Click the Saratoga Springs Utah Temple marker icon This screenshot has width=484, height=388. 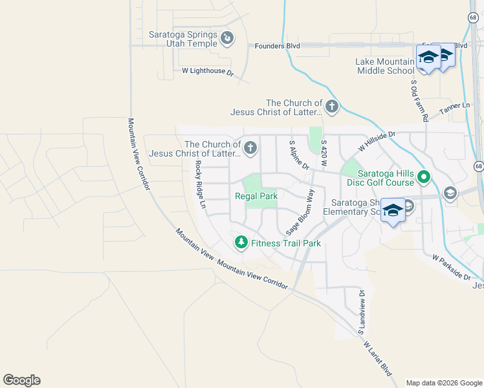tap(226, 39)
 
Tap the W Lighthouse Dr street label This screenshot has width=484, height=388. tap(207, 71)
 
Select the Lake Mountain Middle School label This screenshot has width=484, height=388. tap(385, 66)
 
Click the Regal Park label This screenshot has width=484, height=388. tap(256, 196)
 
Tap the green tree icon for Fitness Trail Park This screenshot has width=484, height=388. tap(241, 242)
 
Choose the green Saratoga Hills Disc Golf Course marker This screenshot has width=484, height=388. tap(424, 176)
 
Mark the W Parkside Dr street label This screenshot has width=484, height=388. tap(451, 267)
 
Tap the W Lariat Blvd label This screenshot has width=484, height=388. tap(378, 360)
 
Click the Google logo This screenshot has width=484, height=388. tap(21, 380)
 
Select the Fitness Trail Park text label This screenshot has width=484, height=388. tap(286, 244)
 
